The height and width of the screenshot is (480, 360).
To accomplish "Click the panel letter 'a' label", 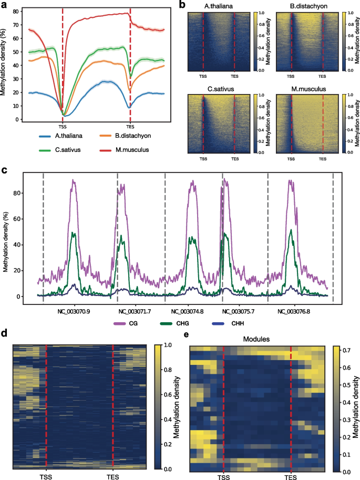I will click(x=4, y=5).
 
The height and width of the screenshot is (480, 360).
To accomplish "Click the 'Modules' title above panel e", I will click(x=257, y=340).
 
